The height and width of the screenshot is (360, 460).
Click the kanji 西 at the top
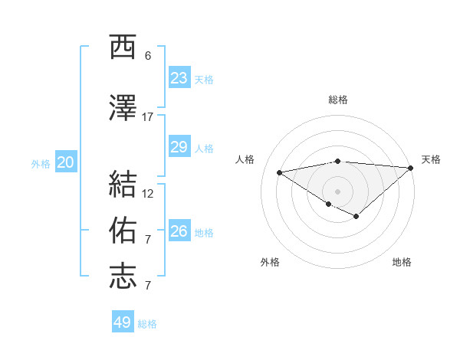[x=123, y=47]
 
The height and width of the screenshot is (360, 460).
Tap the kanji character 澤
[x=123, y=108]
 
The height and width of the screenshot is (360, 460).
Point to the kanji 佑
[x=123, y=231]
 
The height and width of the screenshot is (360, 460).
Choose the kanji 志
[x=123, y=277]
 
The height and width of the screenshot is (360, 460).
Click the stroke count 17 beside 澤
[x=148, y=116]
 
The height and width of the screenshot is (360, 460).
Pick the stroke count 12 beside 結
[x=148, y=193]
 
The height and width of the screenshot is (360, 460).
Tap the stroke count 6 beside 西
[x=148, y=55]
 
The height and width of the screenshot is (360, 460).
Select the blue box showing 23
[x=179, y=78]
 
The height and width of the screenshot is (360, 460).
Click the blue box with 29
[x=179, y=147]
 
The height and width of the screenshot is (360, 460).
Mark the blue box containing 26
[x=179, y=231]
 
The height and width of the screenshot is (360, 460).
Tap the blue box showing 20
[x=65, y=162]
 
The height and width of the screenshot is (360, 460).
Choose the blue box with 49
[x=123, y=322]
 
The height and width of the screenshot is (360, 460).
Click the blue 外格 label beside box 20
[x=41, y=163]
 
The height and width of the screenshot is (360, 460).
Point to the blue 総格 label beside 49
[x=147, y=324]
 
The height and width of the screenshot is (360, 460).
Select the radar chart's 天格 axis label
[x=431, y=159]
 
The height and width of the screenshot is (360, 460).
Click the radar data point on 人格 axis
[x=279, y=172]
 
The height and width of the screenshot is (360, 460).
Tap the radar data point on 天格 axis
[x=411, y=167]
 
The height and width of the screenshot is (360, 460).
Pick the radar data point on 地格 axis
[x=356, y=217]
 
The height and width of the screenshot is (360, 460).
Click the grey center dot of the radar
[x=337, y=191]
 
